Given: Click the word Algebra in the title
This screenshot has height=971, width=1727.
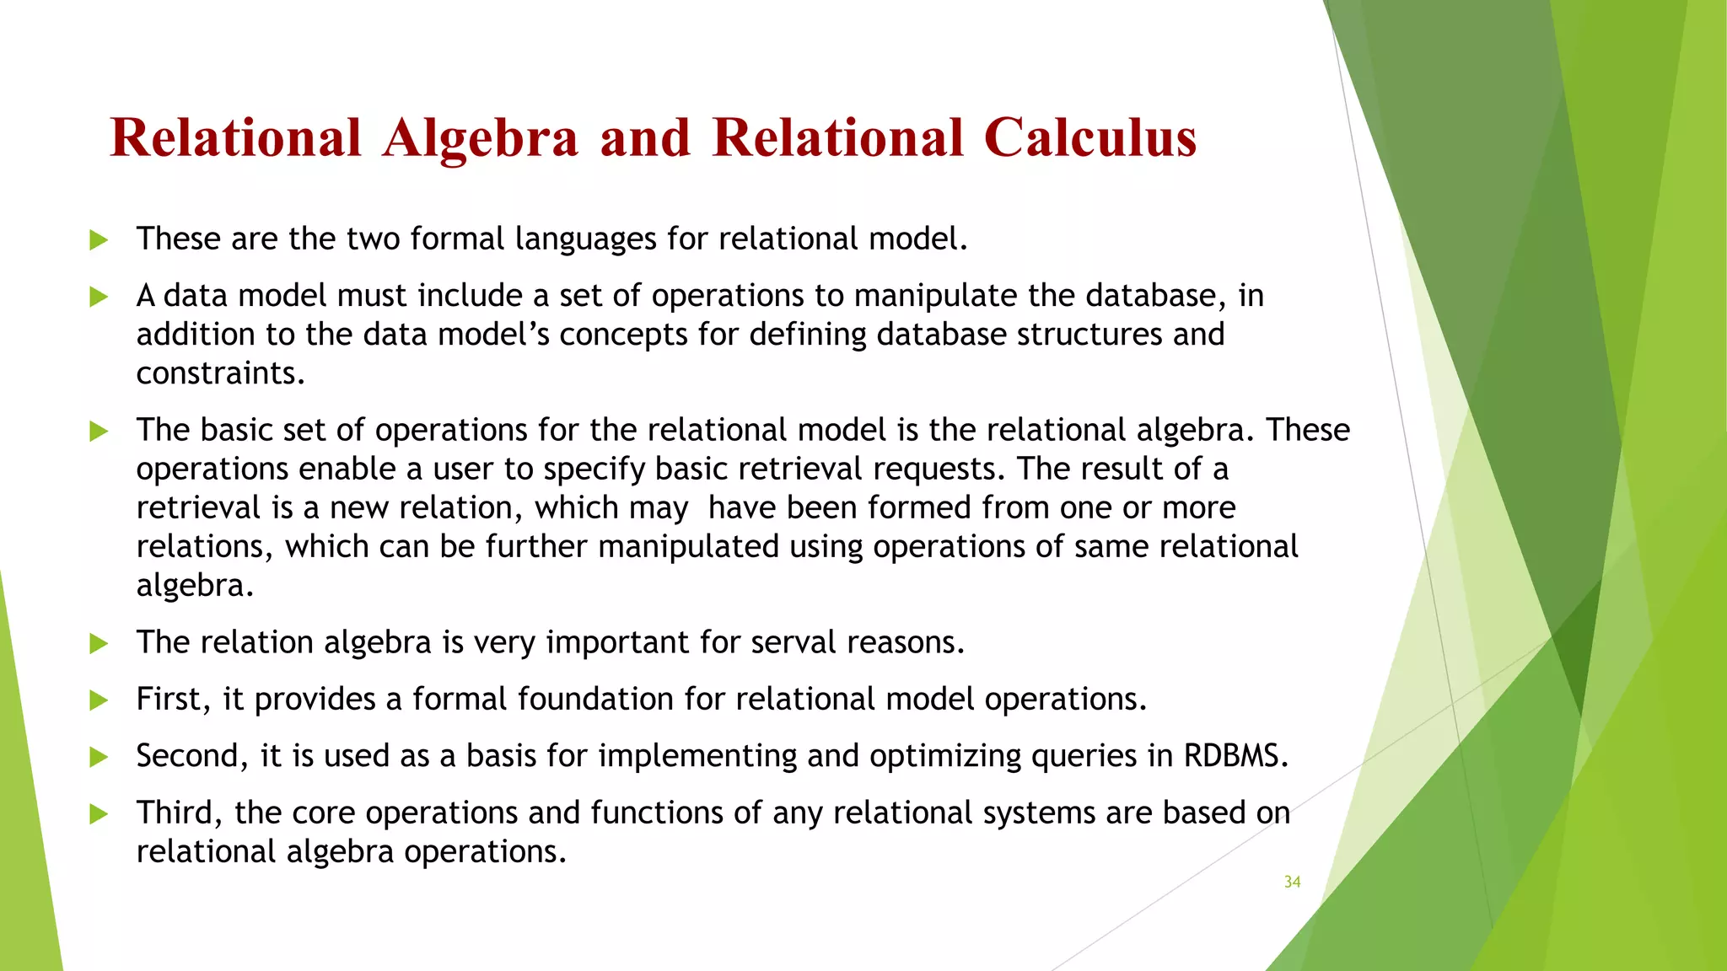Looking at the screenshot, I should tap(480, 137).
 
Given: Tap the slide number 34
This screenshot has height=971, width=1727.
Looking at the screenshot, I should tap(1292, 882).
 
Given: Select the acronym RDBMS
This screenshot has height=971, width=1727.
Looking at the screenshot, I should tap(1235, 755).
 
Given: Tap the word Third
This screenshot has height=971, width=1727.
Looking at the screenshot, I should tap(179, 813).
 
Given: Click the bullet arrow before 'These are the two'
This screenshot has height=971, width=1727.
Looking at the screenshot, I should tap(99, 240).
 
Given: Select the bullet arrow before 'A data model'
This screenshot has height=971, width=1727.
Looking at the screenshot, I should tap(99, 297).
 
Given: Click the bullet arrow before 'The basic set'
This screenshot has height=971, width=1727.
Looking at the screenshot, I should tap(99, 432).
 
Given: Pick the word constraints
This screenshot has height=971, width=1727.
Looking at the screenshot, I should tap(219, 373).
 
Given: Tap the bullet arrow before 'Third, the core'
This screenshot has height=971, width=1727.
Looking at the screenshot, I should tap(99, 814).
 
